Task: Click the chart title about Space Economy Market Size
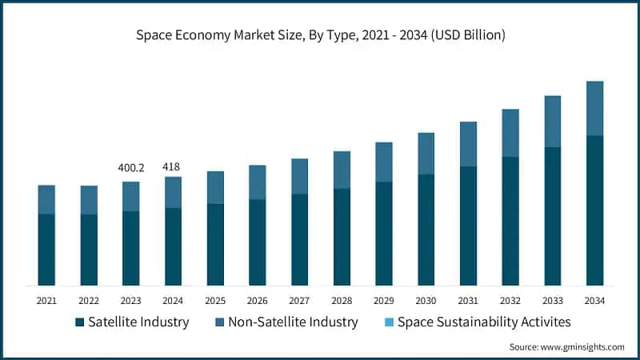click(x=320, y=35)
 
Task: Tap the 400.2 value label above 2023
click(x=130, y=167)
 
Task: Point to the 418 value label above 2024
click(x=171, y=167)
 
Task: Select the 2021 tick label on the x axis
click(x=46, y=301)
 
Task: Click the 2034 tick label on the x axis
click(x=594, y=301)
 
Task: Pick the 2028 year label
click(x=342, y=301)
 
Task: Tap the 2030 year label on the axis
click(x=426, y=301)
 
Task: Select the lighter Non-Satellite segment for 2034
click(x=594, y=109)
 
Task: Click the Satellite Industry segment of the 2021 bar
click(x=46, y=250)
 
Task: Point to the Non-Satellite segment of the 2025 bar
click(x=215, y=187)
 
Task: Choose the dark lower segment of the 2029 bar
click(x=384, y=234)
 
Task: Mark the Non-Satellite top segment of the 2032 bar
click(x=510, y=133)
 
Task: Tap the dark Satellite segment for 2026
click(x=258, y=242)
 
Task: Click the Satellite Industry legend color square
click(x=79, y=322)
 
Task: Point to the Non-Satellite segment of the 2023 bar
click(x=130, y=196)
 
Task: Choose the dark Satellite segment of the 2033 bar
click(x=552, y=216)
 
